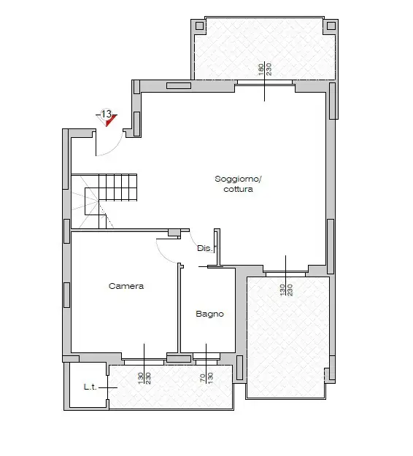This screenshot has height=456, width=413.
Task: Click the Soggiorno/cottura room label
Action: point(233,184)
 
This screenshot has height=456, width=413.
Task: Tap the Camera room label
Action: point(126,286)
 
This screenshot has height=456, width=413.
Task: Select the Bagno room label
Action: point(209,314)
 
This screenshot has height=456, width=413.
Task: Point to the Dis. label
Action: point(205,248)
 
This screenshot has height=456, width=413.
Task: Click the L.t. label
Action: point(91,386)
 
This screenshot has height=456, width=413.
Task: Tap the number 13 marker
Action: point(106,115)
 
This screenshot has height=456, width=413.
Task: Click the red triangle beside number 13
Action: point(112,120)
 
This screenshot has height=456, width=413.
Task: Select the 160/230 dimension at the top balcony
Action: point(264,71)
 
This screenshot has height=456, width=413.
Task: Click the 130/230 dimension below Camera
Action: point(144,379)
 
